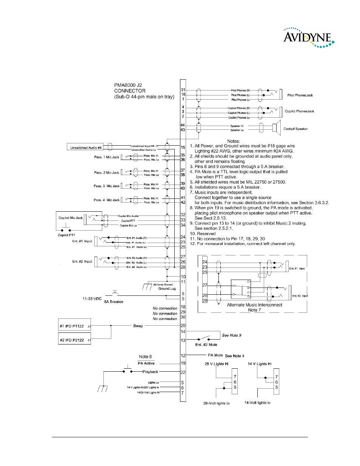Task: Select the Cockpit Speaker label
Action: click(295, 129)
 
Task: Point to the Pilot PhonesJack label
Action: click(300, 95)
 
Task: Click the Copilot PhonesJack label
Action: click(299, 111)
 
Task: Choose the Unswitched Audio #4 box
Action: click(86, 148)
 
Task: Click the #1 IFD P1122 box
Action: click(74, 326)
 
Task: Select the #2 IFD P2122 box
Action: click(74, 340)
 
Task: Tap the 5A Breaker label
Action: click(114, 302)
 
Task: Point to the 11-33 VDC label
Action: click(92, 298)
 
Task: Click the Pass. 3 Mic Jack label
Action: click(106, 186)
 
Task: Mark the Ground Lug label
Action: click(167, 289)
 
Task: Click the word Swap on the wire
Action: click(138, 326)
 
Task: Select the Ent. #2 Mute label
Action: click(206, 345)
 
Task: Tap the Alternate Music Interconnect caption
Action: click(254, 305)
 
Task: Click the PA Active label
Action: click(146, 363)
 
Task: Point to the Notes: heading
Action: click(234, 141)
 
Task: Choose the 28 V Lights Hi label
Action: click(217, 364)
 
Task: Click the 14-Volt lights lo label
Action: click(257, 403)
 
